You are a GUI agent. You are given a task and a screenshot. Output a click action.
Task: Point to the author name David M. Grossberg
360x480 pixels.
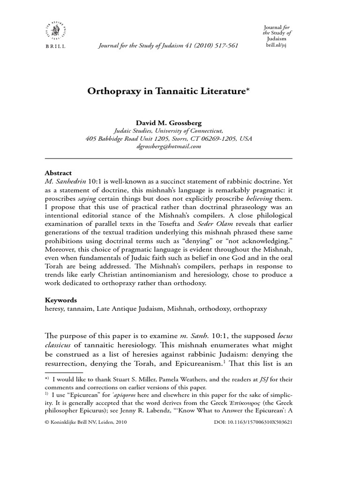click(x=168, y=123)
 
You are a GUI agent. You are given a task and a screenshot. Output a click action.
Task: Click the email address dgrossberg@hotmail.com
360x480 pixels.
click(x=169, y=147)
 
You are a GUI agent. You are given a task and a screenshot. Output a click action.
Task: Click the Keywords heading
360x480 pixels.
click(x=61, y=300)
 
